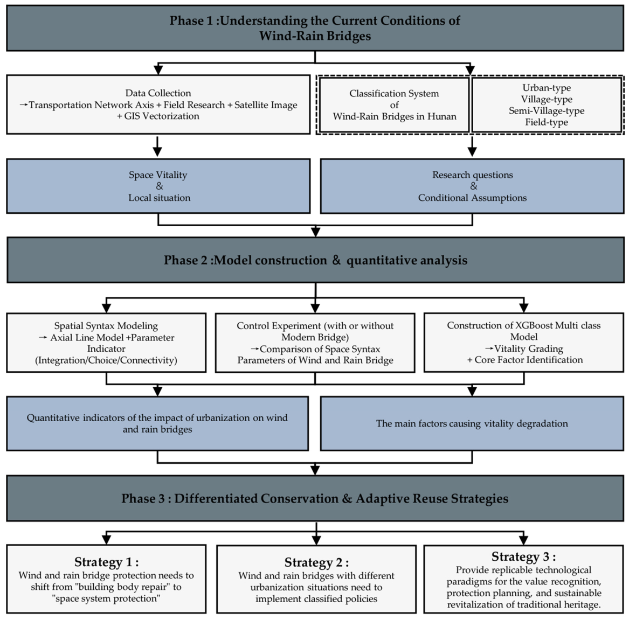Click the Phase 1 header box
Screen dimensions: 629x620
tap(315, 28)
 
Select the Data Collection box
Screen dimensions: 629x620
tap(158, 104)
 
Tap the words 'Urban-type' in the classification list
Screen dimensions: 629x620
tap(547, 88)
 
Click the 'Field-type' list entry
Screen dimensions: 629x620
tap(547, 122)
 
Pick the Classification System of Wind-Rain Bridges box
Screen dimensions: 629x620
tap(395, 105)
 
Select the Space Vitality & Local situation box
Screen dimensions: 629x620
tap(158, 186)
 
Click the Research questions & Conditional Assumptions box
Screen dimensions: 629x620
tap(472, 186)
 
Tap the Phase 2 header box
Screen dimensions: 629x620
tap(315, 260)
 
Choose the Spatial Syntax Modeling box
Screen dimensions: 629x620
tap(106, 343)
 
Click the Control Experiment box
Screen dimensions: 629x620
tap(315, 343)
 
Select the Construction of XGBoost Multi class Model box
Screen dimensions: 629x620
tap(523, 343)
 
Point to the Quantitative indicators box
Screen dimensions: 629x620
tap(157, 423)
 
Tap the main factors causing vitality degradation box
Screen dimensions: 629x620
tap(472, 423)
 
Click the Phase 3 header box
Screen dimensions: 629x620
tap(315, 499)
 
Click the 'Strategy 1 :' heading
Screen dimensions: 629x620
tap(106, 562)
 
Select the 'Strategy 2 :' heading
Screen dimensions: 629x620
tap(316, 563)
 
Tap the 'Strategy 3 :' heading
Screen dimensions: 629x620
tap(523, 556)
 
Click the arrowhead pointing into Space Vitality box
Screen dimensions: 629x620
tap(157, 152)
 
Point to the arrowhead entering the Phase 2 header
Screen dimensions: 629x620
tap(316, 232)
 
